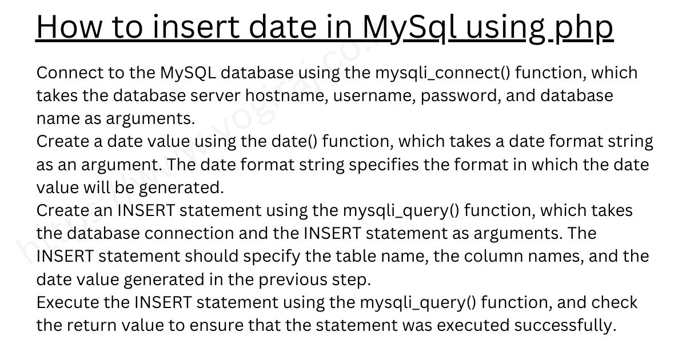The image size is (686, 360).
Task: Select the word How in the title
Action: pyautogui.click(x=69, y=27)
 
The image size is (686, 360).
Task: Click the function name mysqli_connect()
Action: pyautogui.click(x=443, y=73)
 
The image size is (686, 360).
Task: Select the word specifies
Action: pyautogui.click(x=384, y=165)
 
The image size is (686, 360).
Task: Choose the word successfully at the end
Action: pyautogui.click(x=565, y=325)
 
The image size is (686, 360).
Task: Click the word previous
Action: pyautogui.click(x=293, y=280)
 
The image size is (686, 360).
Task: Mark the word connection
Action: pyautogui.click(x=189, y=234)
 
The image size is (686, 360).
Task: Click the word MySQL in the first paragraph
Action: pyautogui.click(x=188, y=74)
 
